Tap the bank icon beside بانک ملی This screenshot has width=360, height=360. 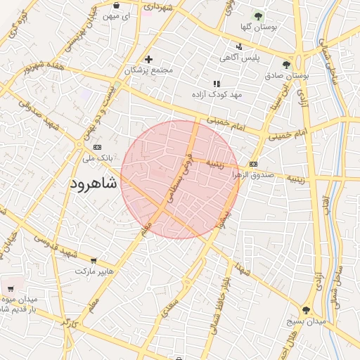(97, 147)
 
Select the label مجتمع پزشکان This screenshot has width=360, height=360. (148, 70)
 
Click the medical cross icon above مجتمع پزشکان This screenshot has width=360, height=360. (148, 59)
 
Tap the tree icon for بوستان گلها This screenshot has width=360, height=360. (258, 15)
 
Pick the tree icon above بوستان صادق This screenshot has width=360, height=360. (286, 65)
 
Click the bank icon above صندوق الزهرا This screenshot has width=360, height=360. (253, 165)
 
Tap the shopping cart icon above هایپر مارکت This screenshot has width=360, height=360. (93, 260)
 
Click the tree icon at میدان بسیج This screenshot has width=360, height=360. (305, 310)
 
